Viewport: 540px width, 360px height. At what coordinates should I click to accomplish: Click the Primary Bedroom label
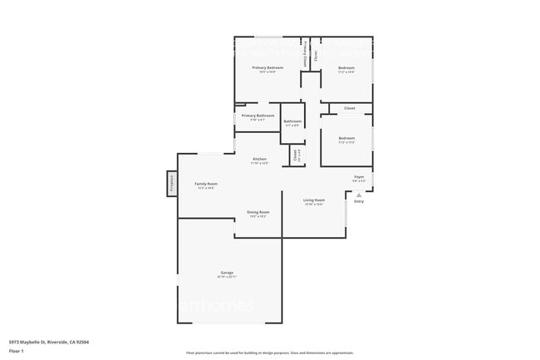268,67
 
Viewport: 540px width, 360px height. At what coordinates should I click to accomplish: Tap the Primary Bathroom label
258,116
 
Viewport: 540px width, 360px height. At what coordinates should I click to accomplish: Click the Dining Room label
258,212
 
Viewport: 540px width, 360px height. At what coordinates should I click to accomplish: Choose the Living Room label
313,200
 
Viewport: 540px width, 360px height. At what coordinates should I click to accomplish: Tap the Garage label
227,273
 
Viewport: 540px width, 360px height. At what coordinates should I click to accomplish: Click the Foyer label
359,176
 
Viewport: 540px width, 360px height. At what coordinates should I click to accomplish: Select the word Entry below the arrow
359,201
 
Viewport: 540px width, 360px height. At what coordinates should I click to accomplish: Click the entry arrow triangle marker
359,195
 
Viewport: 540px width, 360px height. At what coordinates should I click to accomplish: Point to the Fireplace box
172,184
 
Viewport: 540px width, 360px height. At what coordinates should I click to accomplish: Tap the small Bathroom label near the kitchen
292,121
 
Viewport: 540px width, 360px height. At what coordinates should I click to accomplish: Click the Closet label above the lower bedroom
349,108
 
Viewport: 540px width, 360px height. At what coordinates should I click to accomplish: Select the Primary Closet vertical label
306,55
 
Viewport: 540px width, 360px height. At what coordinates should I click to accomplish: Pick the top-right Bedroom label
346,67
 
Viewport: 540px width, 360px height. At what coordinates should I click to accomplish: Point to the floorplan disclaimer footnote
269,353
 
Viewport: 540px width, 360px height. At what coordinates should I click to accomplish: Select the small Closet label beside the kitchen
295,155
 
